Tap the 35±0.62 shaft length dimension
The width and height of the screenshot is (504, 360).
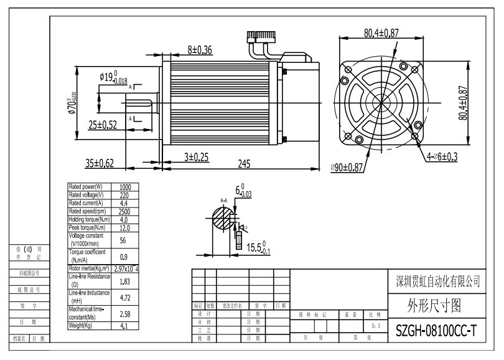coord(100,164)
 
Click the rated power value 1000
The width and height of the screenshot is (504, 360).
coord(124,187)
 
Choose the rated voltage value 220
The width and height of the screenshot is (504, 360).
coord(124,195)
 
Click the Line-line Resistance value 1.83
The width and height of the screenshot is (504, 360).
coord(124,282)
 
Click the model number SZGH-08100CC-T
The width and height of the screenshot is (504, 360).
coord(436,330)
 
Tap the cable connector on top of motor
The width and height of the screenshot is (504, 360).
coord(261,39)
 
